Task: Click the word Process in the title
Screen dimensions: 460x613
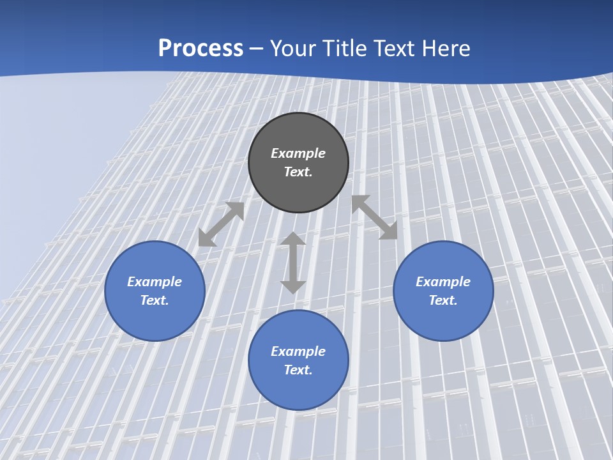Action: (201, 49)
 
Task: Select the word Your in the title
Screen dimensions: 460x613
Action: (293, 49)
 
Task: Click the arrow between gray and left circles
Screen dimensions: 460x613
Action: (221, 224)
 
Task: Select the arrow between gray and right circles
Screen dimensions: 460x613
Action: (374, 217)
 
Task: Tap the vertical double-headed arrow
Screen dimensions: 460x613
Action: (293, 263)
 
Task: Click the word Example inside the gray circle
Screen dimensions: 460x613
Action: (298, 153)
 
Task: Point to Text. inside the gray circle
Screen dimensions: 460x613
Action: (298, 172)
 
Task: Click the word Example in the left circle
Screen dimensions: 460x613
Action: (155, 282)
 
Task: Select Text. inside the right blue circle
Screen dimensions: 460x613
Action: (443, 300)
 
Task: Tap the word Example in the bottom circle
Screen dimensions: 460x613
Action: (298, 351)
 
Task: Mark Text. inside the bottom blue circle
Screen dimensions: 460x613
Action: (298, 370)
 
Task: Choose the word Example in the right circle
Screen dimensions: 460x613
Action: (443, 282)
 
